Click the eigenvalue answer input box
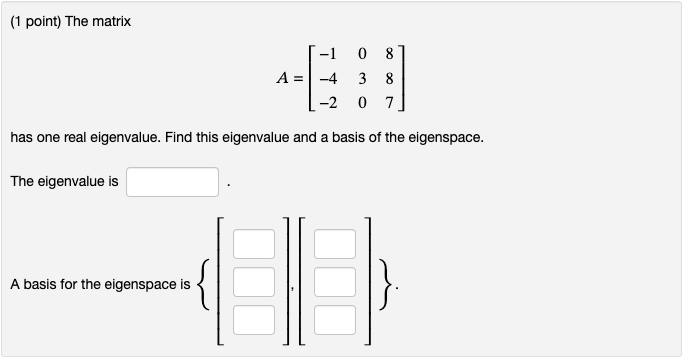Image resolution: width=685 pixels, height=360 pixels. tap(172, 182)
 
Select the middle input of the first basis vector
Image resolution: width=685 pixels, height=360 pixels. tap(254, 283)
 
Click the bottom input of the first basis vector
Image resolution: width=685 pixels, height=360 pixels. tap(254, 320)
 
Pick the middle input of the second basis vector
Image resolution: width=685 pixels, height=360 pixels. tap(335, 283)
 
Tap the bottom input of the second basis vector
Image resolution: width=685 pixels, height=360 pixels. tap(335, 320)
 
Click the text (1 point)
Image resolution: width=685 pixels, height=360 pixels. tap(38, 21)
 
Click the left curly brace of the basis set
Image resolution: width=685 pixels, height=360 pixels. tap(206, 284)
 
